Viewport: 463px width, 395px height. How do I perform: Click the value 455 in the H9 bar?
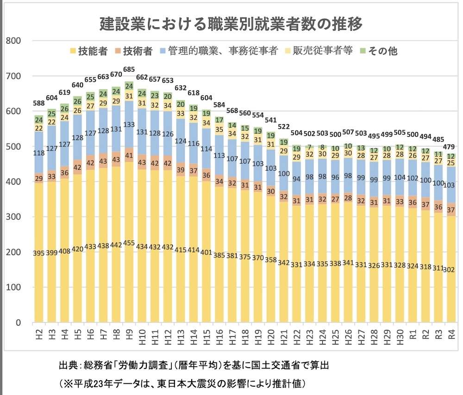(x=129, y=252)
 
